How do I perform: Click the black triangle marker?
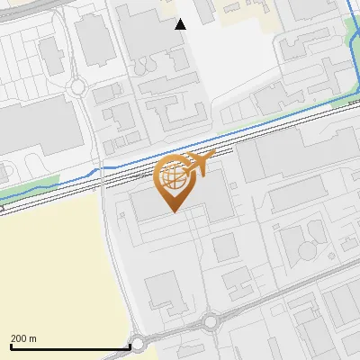[181, 24]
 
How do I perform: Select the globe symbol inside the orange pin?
[173, 176]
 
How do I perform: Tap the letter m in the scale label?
[33, 338]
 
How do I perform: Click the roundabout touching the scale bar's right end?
[139, 343]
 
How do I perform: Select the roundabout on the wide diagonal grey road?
[211, 321]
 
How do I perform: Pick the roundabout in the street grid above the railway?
[77, 88]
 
